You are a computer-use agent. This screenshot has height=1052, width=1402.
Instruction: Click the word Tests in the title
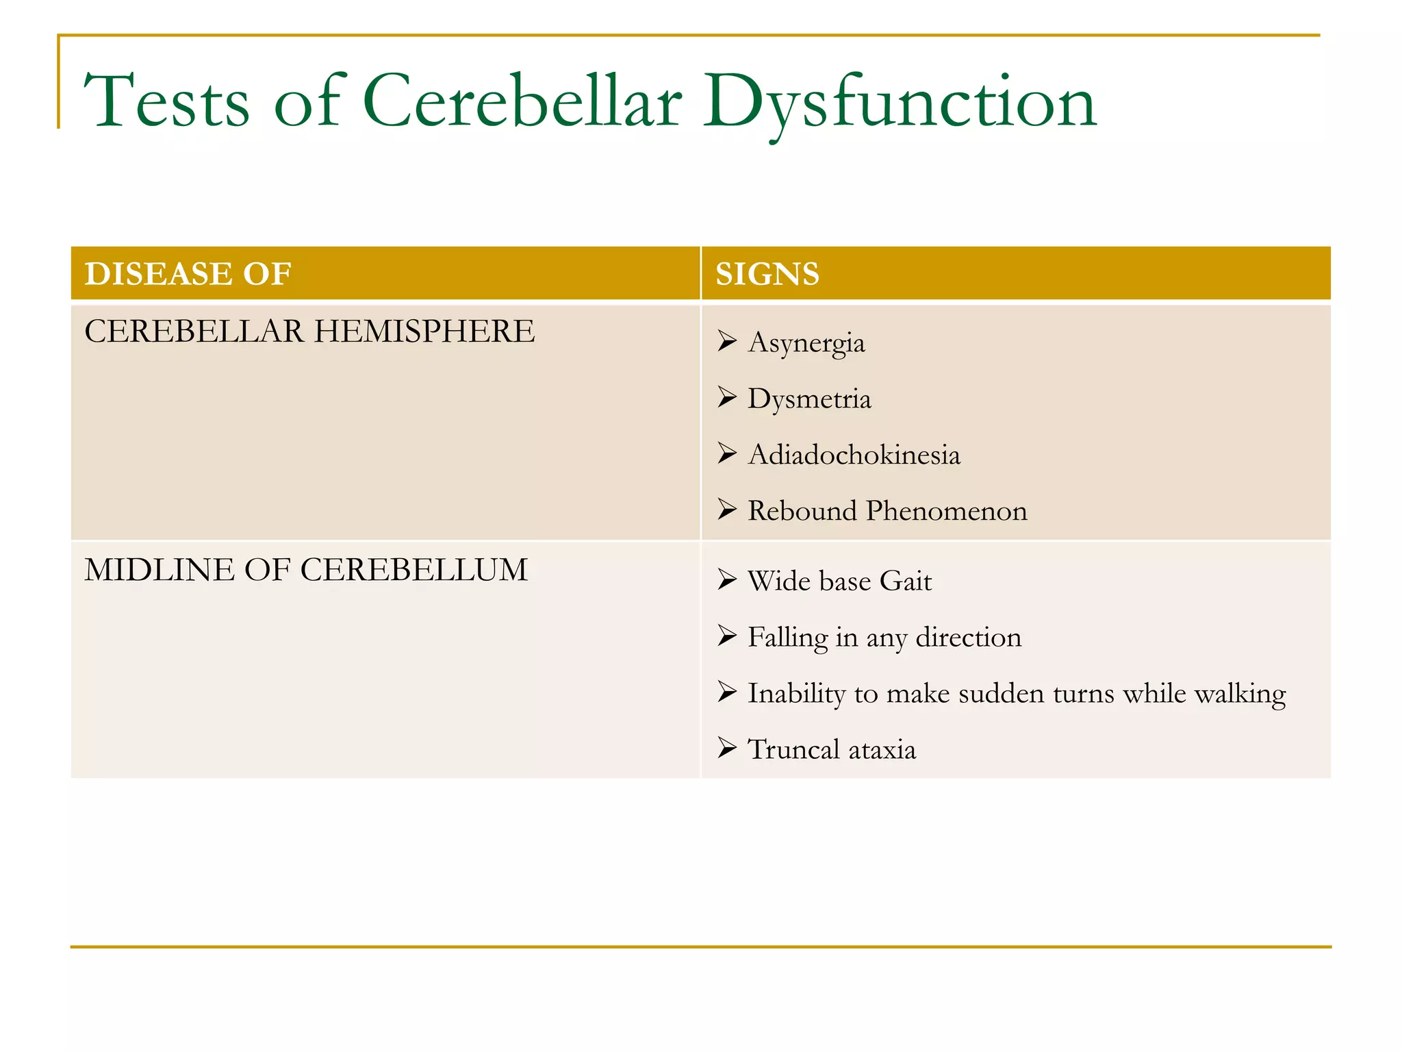click(166, 101)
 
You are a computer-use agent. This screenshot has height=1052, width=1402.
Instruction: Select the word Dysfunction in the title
click(900, 101)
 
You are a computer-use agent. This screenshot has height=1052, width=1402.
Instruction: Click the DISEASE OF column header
click(188, 274)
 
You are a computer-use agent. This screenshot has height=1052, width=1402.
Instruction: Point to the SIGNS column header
click(767, 274)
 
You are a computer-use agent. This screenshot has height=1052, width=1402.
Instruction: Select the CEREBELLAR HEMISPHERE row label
click(309, 331)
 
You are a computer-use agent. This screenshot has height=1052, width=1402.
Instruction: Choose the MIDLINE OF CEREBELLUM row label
click(306, 570)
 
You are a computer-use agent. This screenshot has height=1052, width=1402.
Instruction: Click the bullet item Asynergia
click(806, 342)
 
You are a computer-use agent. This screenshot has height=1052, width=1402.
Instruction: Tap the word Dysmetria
click(809, 399)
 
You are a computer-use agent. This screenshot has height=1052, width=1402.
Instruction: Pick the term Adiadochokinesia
click(854, 455)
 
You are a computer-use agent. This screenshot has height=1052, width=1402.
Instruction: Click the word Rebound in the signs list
click(802, 511)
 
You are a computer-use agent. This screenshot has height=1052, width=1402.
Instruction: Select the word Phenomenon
click(947, 511)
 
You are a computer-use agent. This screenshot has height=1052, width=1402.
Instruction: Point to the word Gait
click(905, 581)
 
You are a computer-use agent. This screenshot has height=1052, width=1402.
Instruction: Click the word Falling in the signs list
click(787, 637)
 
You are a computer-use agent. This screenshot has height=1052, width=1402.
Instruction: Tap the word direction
click(968, 637)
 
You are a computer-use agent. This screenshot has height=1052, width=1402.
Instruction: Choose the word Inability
click(796, 693)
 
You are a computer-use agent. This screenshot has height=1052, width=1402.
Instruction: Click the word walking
click(1240, 693)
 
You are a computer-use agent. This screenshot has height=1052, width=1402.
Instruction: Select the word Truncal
click(793, 749)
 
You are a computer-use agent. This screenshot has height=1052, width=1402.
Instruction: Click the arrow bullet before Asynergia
click(727, 340)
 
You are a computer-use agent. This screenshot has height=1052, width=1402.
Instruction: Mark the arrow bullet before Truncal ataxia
click(727, 747)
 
